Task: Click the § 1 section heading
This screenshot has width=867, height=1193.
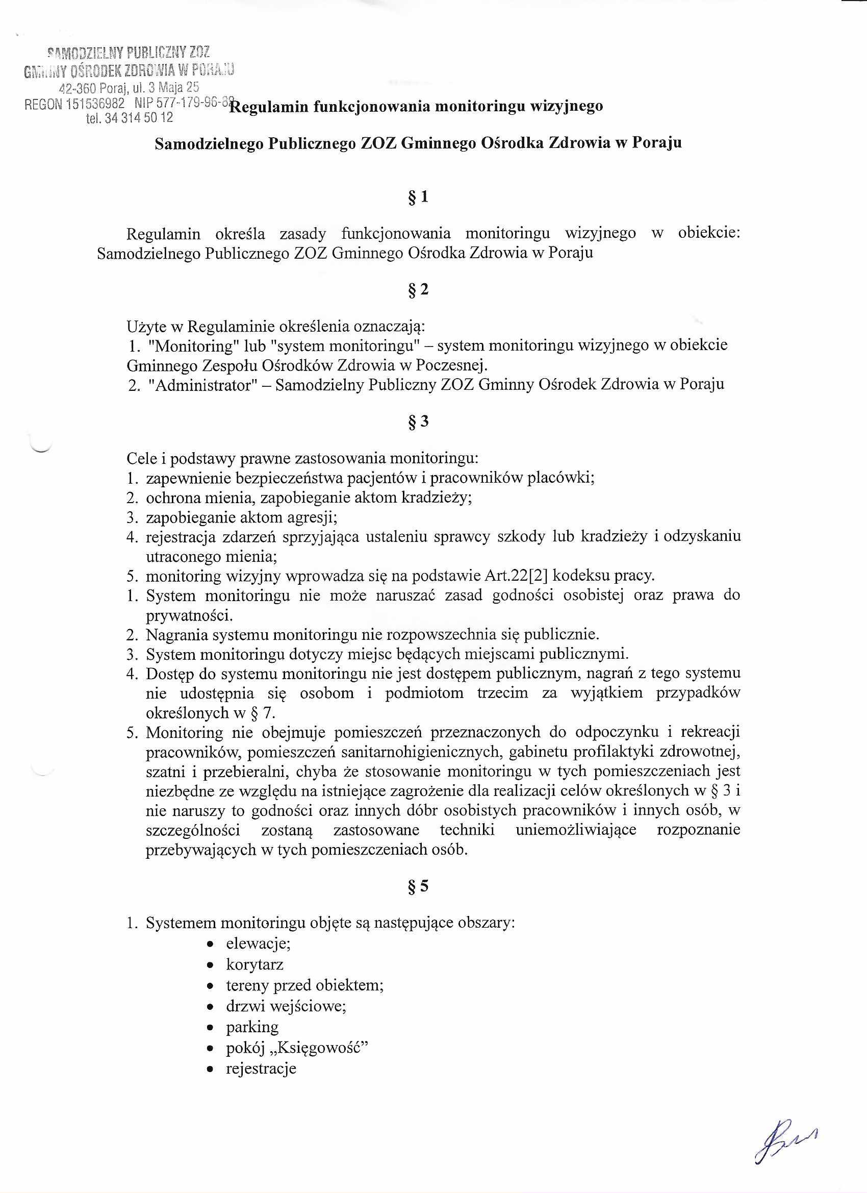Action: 418,197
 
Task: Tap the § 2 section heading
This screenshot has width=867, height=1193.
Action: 418,290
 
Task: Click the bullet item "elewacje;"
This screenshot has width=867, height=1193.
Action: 258,943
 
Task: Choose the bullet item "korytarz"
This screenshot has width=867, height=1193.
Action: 254,964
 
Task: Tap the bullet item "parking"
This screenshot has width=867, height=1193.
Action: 252,1027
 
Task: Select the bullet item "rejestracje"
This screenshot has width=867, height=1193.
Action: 261,1068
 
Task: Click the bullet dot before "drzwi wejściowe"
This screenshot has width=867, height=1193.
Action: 210,1007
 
